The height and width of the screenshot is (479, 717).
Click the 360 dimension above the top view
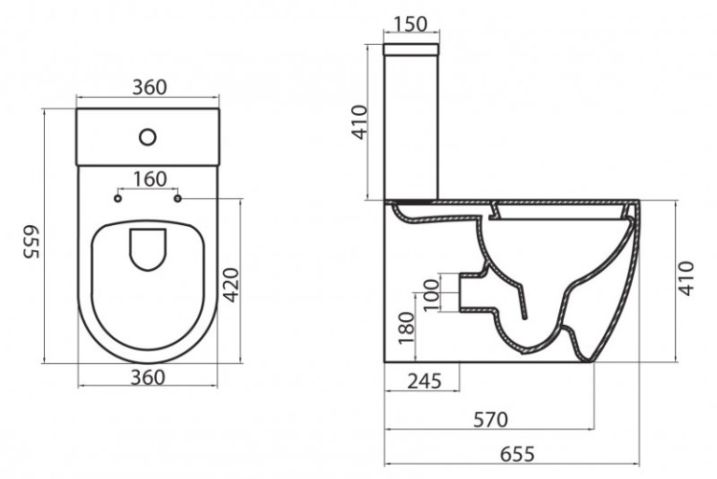coord(148,87)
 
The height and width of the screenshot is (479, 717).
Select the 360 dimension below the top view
coord(148,376)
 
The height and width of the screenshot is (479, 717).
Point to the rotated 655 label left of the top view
coord(30,245)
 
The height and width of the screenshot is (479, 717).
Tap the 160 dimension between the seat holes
coord(149,178)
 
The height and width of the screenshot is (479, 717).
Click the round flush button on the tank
coord(147,136)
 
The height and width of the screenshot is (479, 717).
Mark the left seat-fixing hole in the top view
coord(118,199)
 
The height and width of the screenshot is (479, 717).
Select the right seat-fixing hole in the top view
coord(179,199)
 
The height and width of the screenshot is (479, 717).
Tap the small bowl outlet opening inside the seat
coord(148,248)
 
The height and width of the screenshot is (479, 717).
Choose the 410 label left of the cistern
coord(359,123)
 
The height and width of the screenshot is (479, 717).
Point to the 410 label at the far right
coord(687,278)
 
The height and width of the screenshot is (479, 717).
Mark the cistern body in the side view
coord(412,120)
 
